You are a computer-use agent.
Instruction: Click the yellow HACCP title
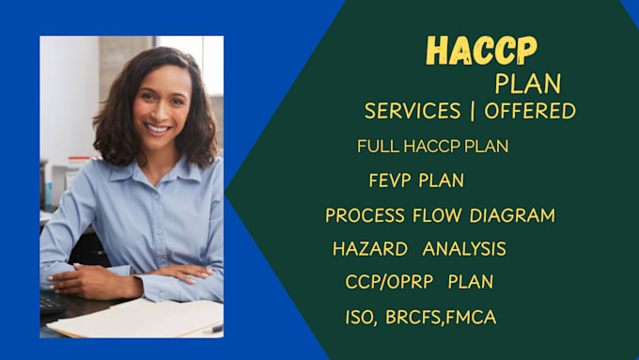coord(481,51)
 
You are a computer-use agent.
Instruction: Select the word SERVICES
coord(413,111)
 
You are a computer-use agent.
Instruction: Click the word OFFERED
coord(530,111)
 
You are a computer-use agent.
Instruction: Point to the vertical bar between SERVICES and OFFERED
coord(472,111)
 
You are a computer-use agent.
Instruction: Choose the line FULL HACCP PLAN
coord(433,147)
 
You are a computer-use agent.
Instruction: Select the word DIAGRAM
coord(513,215)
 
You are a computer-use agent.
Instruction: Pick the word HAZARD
coord(370,249)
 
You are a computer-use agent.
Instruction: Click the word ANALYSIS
coord(464,249)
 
